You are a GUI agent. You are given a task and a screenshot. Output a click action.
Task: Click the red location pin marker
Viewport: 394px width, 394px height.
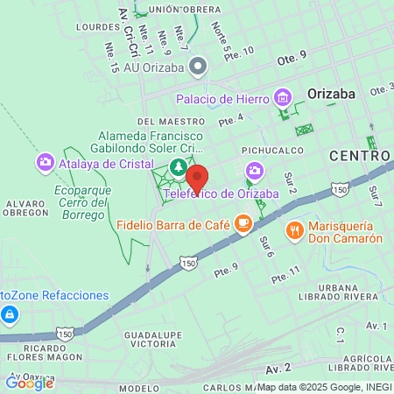tap(197, 179)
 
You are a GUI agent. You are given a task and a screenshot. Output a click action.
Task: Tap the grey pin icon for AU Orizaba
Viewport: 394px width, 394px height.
tap(199, 66)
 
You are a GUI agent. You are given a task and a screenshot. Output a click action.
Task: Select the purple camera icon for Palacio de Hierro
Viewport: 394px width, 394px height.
tap(282, 96)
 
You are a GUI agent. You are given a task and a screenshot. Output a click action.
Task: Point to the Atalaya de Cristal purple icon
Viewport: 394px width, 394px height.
tap(46, 162)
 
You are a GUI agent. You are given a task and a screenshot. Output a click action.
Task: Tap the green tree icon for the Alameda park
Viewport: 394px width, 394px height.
tap(178, 165)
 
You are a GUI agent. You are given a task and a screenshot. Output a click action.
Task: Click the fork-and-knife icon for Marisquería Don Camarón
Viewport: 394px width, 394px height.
tap(294, 231)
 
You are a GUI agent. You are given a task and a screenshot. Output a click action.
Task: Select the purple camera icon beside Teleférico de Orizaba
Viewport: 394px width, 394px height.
tap(254, 170)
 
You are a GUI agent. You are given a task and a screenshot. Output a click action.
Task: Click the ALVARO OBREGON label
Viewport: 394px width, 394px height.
tap(31, 208)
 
